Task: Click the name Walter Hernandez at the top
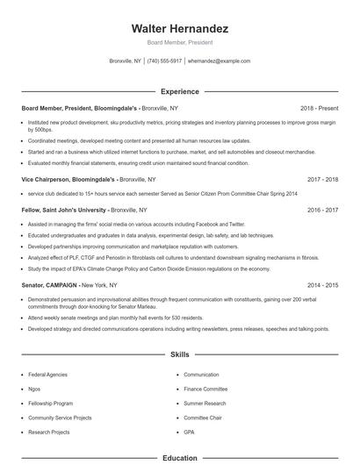(179, 28)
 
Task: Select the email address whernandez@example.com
(219, 61)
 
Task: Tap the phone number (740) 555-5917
(164, 61)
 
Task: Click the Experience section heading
(179, 91)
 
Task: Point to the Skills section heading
(179, 354)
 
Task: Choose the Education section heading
(179, 457)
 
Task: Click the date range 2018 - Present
(319, 109)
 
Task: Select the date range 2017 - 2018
(321, 178)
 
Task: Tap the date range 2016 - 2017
(321, 211)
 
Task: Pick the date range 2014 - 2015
(321, 285)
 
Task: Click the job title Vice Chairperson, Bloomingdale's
(64, 178)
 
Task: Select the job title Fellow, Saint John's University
(62, 211)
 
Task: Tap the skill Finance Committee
(205, 389)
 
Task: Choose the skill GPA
(190, 432)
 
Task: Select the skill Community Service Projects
(60, 418)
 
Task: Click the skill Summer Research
(205, 403)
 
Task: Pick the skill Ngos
(36, 389)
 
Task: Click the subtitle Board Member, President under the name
(179, 42)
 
